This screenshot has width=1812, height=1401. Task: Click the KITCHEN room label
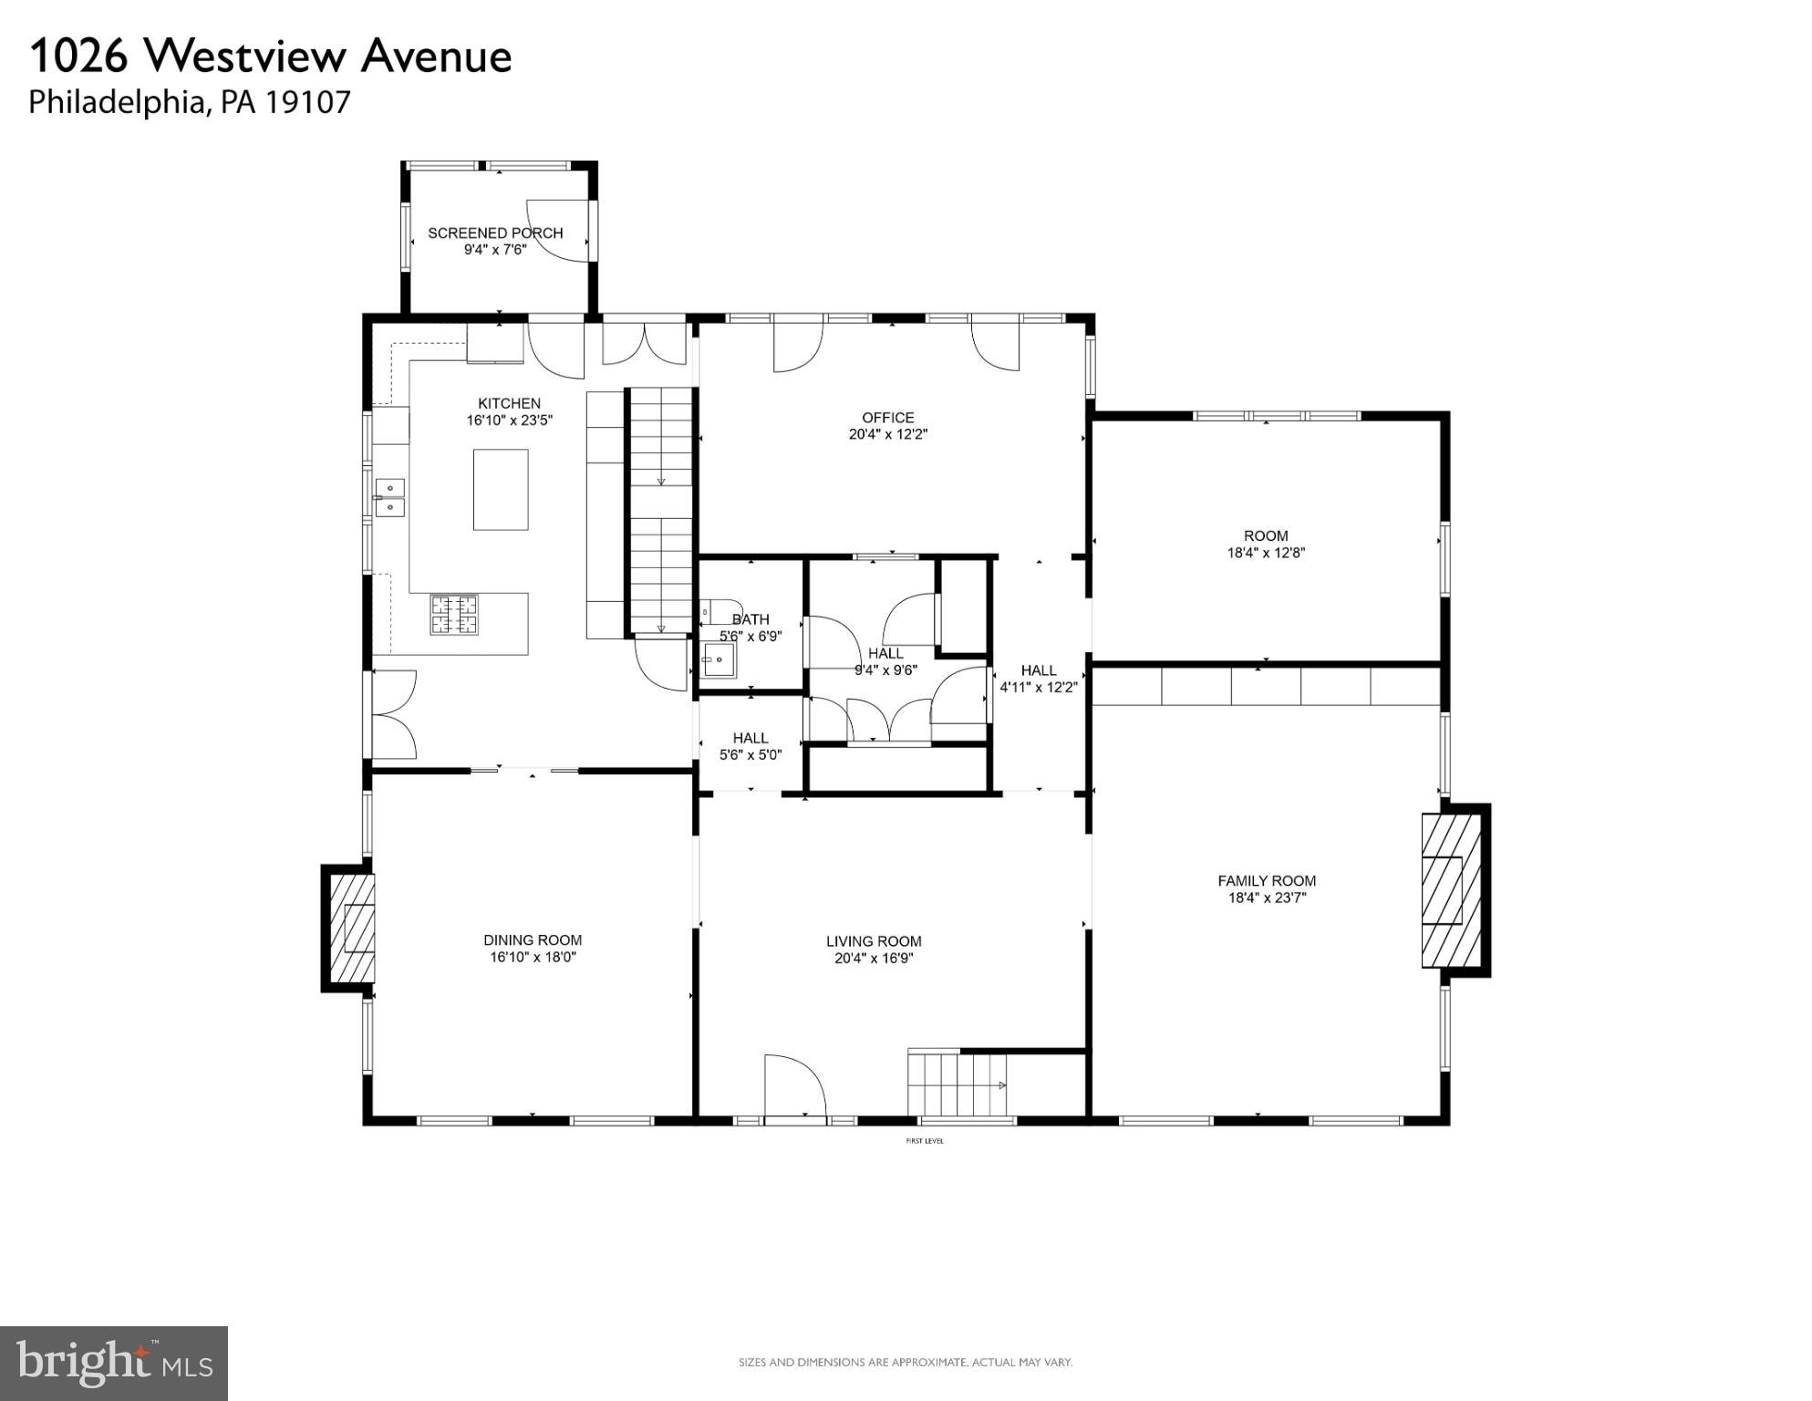509,403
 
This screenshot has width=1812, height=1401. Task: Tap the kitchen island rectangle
500,489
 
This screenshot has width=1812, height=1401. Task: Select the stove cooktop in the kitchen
454,614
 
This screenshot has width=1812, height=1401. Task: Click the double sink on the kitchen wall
390,497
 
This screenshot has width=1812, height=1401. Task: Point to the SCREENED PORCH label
495,233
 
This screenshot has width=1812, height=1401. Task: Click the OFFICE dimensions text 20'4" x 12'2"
887,435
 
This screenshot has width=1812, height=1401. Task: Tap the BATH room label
750,619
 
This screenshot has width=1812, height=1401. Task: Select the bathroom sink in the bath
719,659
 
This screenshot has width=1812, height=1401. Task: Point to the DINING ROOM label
533,940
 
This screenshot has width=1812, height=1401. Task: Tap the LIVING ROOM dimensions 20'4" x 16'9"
874,959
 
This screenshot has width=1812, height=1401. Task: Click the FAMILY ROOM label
1267,881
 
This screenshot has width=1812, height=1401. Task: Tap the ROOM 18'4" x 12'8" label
1266,544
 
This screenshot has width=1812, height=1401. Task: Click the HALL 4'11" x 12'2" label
1039,679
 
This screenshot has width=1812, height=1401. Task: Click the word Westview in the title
245,57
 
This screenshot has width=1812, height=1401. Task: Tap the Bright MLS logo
113,1363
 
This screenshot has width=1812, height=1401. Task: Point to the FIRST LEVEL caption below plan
924,1141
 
